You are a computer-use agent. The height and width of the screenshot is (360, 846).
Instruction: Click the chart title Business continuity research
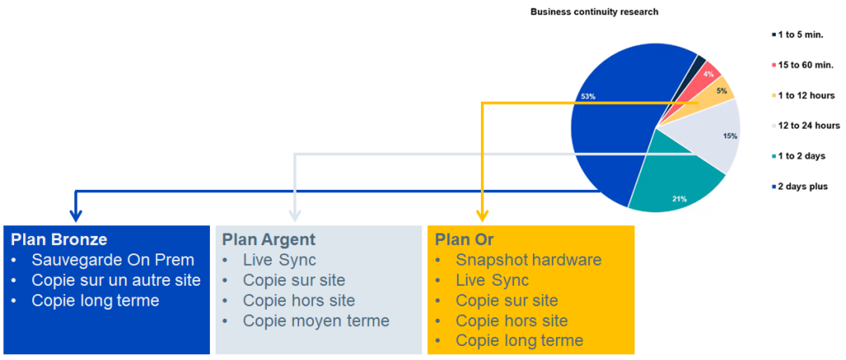click(595, 12)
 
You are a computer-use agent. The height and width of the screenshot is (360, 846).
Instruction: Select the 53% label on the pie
click(588, 97)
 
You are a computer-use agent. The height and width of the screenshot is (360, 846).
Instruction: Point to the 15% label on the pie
click(730, 136)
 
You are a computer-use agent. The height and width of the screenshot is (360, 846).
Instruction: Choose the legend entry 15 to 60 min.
click(801, 64)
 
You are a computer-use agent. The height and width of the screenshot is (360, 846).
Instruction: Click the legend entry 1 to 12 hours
click(803, 96)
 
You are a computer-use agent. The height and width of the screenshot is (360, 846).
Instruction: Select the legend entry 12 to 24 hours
click(805, 126)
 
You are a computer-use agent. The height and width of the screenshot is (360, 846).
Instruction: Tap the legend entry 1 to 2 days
click(799, 156)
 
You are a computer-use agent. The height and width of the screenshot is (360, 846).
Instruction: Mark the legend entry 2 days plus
click(799, 187)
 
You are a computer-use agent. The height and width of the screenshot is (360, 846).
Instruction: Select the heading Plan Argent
click(269, 239)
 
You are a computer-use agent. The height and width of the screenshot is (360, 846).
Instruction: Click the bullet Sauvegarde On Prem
click(112, 260)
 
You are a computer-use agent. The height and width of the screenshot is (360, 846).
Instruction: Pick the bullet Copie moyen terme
click(316, 321)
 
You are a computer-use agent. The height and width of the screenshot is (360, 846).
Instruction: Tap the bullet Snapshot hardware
click(528, 260)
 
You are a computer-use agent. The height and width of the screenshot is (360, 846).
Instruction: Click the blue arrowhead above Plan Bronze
click(76, 216)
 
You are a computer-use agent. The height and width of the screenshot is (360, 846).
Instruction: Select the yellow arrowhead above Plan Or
click(482, 216)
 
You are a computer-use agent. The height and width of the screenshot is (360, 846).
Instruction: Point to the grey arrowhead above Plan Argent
click(295, 216)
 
